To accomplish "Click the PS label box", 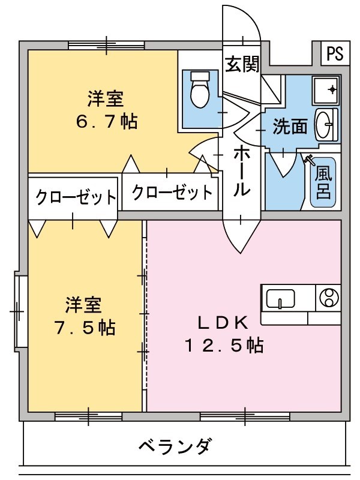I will [335, 55].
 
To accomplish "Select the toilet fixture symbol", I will [198, 90].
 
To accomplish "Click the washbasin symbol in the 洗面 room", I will [325, 124].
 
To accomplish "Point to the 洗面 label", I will [290, 126].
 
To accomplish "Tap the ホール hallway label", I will [241, 170].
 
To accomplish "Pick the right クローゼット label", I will [172, 193].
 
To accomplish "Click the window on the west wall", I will [20, 311].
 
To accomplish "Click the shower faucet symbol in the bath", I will [310, 160].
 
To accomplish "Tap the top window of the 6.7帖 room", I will [106, 45].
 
